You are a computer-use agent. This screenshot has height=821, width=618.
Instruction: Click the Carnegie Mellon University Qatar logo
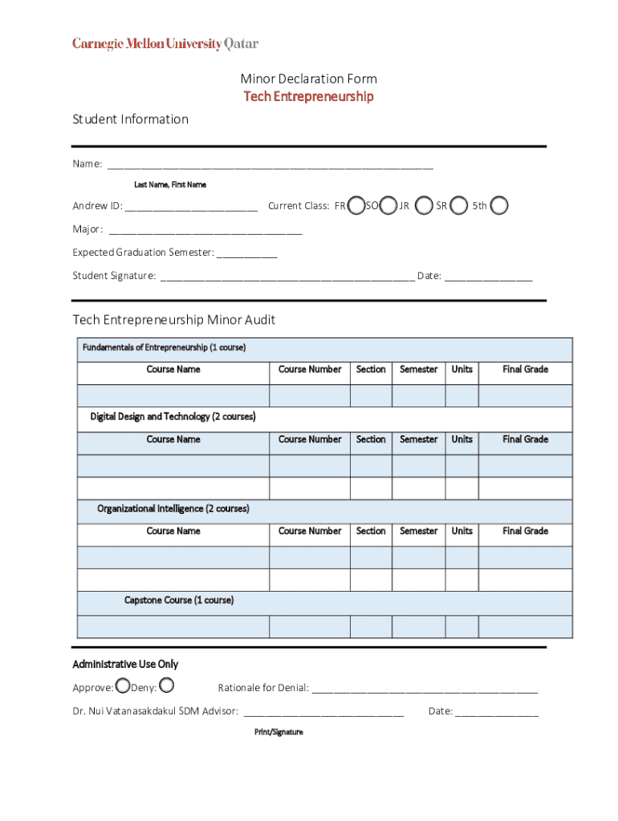pyautogui.click(x=165, y=44)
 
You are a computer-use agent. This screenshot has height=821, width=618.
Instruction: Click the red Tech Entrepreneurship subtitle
pyautogui.click(x=309, y=97)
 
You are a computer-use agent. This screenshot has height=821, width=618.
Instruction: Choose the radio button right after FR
pyautogui.click(x=356, y=206)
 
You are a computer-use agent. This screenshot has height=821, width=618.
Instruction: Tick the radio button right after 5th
pyautogui.click(x=499, y=206)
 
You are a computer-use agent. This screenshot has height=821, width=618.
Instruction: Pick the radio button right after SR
pyautogui.click(x=459, y=206)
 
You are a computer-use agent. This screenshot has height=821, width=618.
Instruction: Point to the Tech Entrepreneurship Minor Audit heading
pyautogui.click(x=174, y=320)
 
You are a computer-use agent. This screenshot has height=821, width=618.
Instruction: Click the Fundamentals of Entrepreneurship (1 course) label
pyautogui.click(x=164, y=348)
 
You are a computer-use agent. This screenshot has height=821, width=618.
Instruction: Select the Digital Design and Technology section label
pyautogui.click(x=173, y=417)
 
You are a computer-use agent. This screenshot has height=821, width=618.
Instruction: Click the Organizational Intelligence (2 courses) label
pyautogui.click(x=173, y=509)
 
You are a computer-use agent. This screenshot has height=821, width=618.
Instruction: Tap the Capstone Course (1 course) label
pyautogui.click(x=178, y=601)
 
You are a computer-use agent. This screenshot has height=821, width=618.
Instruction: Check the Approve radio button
pyautogui.click(x=122, y=686)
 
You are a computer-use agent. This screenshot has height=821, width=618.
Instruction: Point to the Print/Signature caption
pyautogui.click(x=279, y=732)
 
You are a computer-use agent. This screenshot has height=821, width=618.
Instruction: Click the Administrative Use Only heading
pyautogui.click(x=125, y=665)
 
